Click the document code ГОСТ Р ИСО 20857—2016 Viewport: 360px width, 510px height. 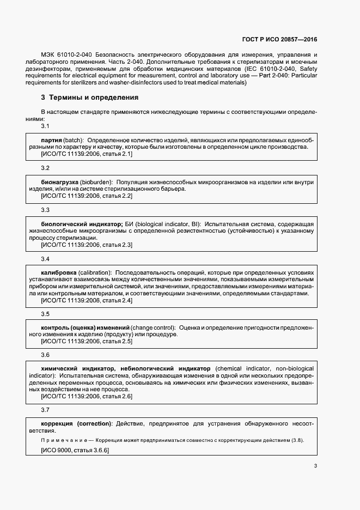279,40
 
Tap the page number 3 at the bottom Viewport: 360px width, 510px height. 315,466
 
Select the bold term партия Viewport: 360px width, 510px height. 52,139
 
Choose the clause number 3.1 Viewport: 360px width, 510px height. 46,126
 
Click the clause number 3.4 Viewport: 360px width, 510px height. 46,259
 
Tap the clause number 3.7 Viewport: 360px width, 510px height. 46,409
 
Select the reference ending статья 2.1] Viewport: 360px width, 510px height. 87,154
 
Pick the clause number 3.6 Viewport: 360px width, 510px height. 46,355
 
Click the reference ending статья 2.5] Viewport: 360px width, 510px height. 87,341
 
